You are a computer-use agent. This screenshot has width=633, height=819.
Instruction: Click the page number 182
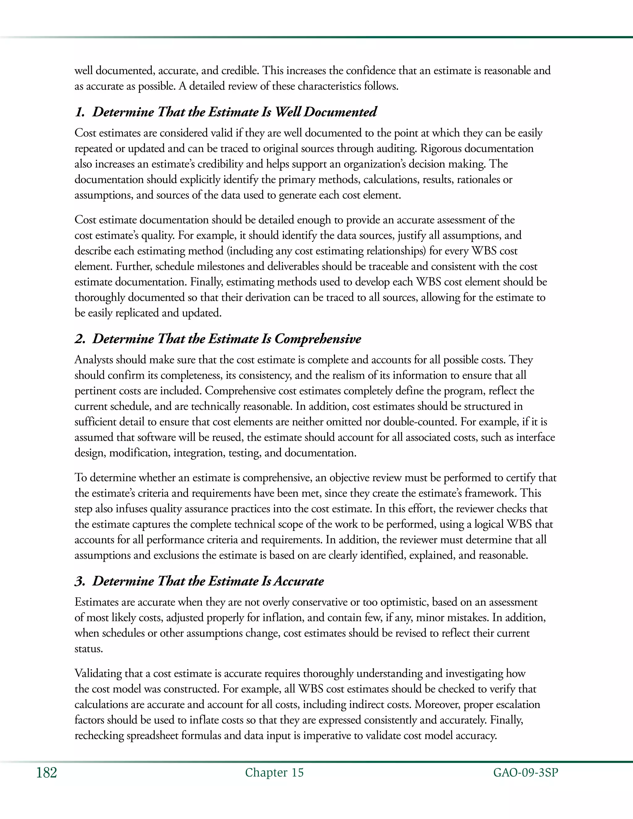pyautogui.click(x=46, y=773)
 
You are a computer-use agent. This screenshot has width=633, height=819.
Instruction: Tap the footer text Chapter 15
pyautogui.click(x=274, y=773)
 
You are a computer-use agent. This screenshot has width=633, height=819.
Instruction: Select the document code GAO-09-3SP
pyautogui.click(x=525, y=773)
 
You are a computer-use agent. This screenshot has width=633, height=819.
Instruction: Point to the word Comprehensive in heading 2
pyautogui.click(x=318, y=339)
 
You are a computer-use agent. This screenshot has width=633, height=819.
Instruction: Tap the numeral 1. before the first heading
pyautogui.click(x=80, y=112)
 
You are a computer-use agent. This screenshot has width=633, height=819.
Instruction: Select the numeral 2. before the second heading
pyautogui.click(x=80, y=339)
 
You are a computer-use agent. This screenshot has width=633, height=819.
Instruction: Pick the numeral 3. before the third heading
pyautogui.click(x=80, y=581)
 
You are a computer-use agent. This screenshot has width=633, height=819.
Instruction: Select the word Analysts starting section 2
pyautogui.click(x=94, y=360)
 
